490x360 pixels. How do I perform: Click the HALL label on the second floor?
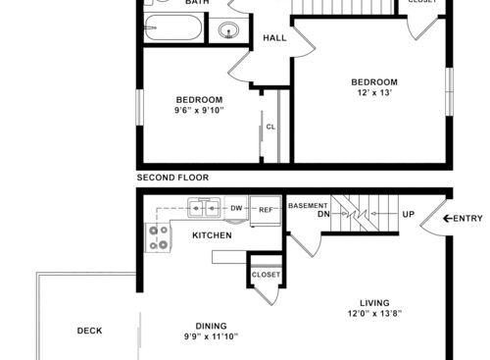pyautogui.click(x=274, y=38)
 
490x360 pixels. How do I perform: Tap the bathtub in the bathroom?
pyautogui.click(x=173, y=27)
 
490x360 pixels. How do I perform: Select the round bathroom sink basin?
pyautogui.click(x=228, y=30)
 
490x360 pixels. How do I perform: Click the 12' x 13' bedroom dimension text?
pyautogui.click(x=374, y=92)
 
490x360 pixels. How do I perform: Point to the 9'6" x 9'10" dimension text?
pyautogui.click(x=199, y=110)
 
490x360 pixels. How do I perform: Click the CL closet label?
pyautogui.click(x=270, y=127)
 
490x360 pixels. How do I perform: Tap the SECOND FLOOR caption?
pyautogui.click(x=172, y=178)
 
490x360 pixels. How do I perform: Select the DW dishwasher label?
pyautogui.click(x=236, y=208)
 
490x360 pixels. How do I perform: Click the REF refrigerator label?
pyautogui.click(x=266, y=210)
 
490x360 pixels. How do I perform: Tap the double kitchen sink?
pyautogui.click(x=205, y=207)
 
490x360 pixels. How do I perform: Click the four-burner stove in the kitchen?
pyautogui.click(x=158, y=237)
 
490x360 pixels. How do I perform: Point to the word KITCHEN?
pyautogui.click(x=212, y=235)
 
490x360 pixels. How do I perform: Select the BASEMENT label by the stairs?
pyautogui.click(x=308, y=206)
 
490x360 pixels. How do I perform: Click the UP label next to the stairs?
pyautogui.click(x=409, y=214)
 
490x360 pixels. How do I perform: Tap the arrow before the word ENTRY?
pyautogui.click(x=447, y=219)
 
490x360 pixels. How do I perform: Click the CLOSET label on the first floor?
pyautogui.click(x=266, y=275)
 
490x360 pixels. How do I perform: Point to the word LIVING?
pyautogui.click(x=374, y=303)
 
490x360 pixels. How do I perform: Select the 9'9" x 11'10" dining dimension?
pyautogui.click(x=211, y=336)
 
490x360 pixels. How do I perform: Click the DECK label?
pyautogui.click(x=89, y=331)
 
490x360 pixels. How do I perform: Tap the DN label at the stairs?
pyautogui.click(x=323, y=214)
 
